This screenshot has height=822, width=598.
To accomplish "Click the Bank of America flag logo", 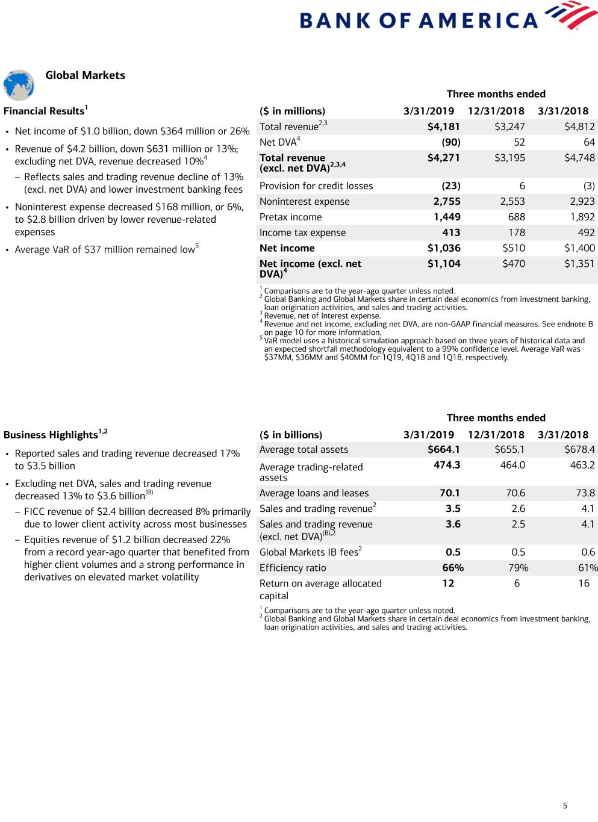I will point(570,16).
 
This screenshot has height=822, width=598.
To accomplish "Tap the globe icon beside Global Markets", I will point(19,85).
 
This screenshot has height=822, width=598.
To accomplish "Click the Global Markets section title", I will point(86,75).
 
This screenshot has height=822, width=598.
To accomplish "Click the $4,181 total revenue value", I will point(444,126).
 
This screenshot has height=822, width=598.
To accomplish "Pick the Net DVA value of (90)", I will point(451,142).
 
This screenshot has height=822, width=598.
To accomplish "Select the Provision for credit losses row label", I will point(316,186).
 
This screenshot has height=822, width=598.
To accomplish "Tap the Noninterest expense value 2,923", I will point(582,202).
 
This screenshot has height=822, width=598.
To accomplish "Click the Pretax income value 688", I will point(517,217).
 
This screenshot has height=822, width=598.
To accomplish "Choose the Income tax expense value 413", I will point(451,232).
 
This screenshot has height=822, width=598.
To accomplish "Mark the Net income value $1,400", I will point(579,248).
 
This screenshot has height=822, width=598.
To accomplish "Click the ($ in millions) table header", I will point(293,111).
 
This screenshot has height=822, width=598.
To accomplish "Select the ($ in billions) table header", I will point(291,435).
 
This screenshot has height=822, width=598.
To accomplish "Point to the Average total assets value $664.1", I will point(444,449).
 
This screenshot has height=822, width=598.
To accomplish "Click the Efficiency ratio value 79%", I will point(519,568).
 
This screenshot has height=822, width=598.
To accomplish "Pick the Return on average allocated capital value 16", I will point(584,584).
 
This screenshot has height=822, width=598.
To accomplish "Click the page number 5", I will point(565,806).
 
